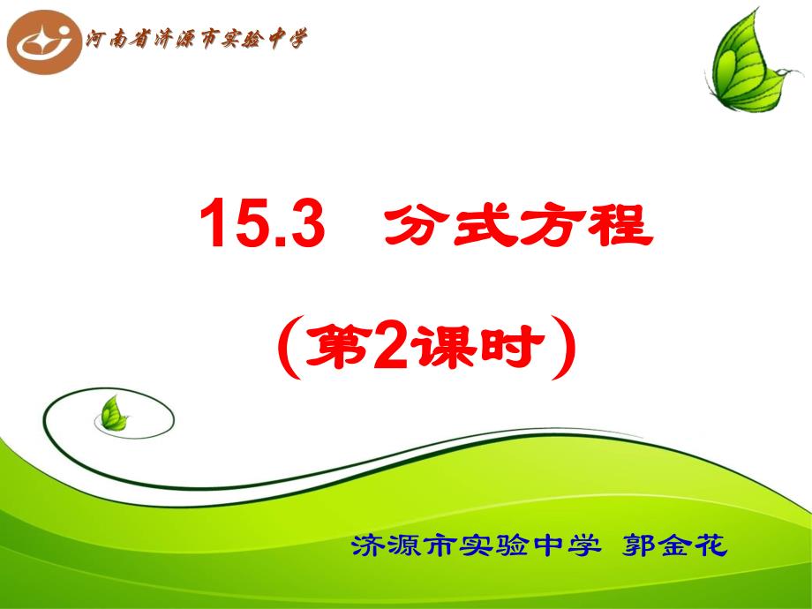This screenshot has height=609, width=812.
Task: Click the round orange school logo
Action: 44,42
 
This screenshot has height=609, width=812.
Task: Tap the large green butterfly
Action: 751,61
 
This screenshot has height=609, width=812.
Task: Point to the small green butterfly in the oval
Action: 113,414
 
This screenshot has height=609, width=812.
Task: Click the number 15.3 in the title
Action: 262,223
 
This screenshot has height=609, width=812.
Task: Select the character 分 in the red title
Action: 416,224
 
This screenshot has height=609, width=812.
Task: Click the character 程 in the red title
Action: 620,224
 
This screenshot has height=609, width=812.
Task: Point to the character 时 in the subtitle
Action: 512,347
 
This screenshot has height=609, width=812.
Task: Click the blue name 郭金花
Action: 675,545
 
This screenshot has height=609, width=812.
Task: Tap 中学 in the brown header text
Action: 288,38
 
